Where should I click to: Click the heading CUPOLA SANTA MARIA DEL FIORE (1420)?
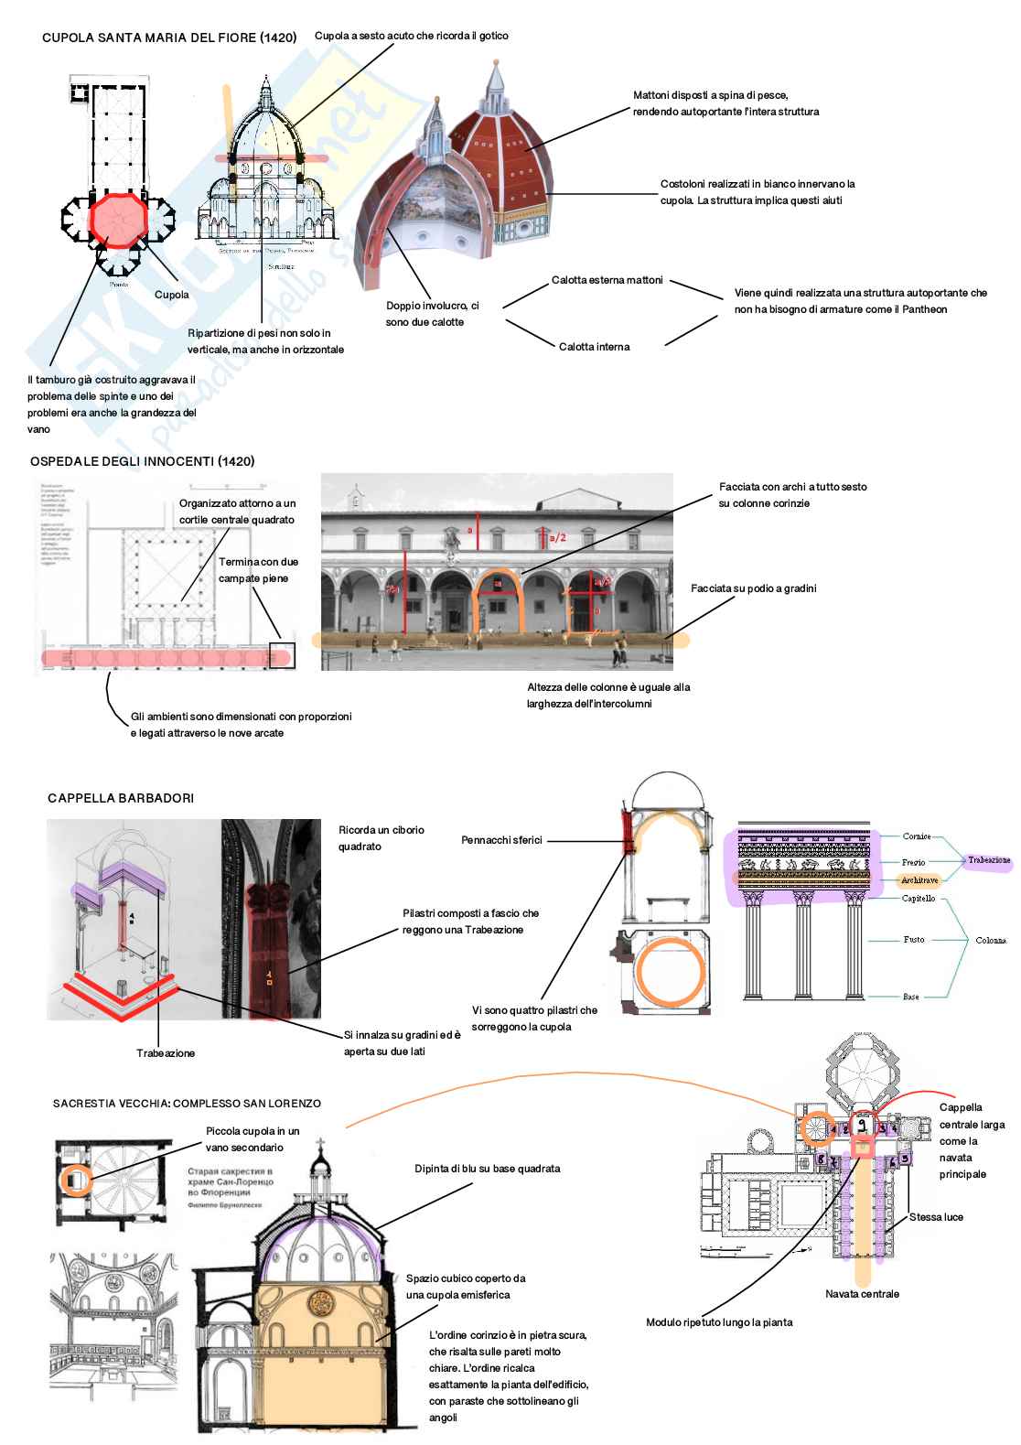point(169,38)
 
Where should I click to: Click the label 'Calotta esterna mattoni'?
point(607,280)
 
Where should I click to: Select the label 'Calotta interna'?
point(594,347)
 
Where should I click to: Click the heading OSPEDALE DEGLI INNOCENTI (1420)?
point(142,461)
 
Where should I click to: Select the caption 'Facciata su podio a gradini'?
point(753,588)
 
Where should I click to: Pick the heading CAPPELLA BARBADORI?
point(121,798)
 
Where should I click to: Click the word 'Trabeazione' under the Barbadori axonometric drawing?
point(166,1053)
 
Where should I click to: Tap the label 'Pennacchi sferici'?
point(501,840)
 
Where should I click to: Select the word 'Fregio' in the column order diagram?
point(913,862)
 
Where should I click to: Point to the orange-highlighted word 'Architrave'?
point(919,880)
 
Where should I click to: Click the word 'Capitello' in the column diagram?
point(919,899)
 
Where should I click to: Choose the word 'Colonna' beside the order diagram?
point(990,940)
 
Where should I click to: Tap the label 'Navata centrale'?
point(862,1294)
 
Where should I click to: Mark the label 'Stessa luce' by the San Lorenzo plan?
point(936,1217)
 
